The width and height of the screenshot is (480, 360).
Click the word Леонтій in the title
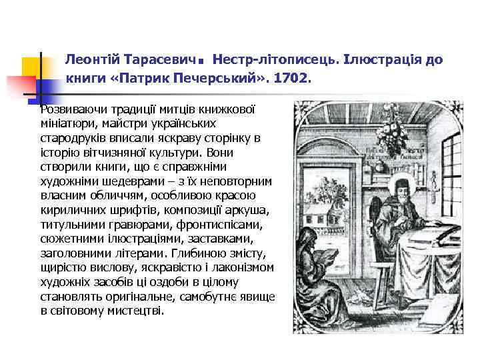click(89, 60)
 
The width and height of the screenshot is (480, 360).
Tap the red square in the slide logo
click(20, 86)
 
